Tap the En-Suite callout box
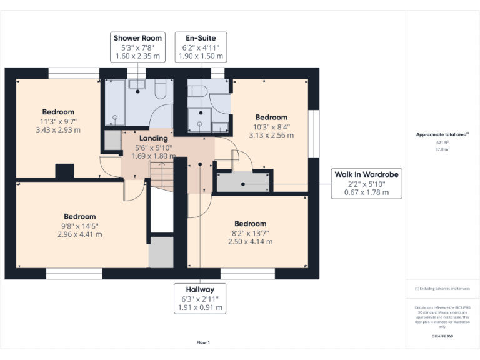tap(200, 47)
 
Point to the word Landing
tap(153, 138)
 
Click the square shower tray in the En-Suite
tap(200, 121)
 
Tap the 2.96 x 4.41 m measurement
tap(79, 234)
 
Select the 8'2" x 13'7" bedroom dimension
tap(250, 232)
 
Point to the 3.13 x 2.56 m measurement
tap(271, 135)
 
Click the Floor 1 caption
tap(203, 342)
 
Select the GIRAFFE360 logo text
tap(442, 336)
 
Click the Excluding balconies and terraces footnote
tap(442, 289)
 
